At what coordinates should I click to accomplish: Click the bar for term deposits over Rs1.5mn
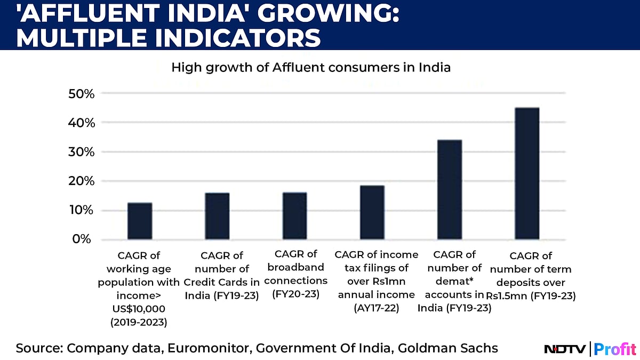pos(527,173)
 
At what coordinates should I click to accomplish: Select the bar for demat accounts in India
pos(450,189)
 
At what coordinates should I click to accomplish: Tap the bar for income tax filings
pos(372,212)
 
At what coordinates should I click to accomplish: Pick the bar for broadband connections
pos(294,215)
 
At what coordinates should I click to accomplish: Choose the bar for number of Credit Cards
pos(217,215)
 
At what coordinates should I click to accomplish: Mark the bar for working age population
pos(140,221)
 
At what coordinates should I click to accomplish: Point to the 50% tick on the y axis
pos(82,93)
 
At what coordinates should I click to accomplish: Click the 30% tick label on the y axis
pos(82,152)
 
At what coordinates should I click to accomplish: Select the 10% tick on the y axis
pos(82,210)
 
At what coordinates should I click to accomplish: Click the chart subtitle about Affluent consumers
pos(310,68)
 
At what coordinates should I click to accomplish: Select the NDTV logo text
pos(564,349)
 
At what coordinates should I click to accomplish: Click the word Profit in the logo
pos(615,349)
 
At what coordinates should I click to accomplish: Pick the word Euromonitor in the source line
pos(210,348)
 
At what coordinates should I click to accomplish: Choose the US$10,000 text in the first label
pos(140,308)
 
